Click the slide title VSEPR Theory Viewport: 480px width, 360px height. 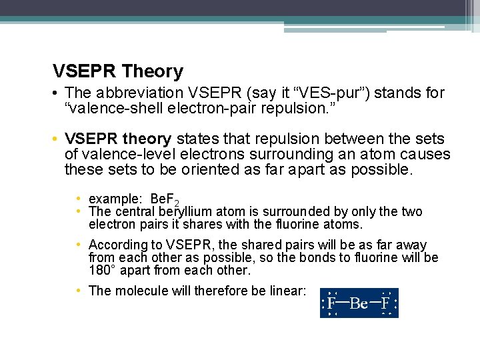coord(118,71)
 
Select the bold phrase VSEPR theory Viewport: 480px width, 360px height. coord(118,139)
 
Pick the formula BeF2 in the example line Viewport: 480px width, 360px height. coord(165,199)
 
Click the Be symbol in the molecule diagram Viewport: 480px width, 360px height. coord(359,304)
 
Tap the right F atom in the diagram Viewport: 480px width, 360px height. coord(385,303)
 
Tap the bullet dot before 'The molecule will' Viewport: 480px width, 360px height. coord(79,291)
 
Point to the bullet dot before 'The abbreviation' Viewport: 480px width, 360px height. coord(57,93)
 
